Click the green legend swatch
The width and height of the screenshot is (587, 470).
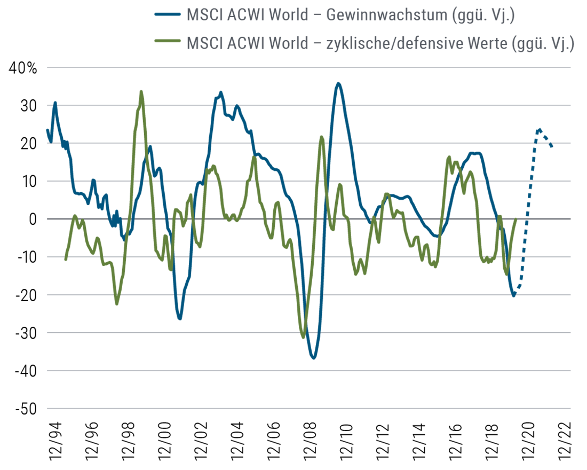155,40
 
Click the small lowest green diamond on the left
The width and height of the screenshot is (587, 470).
117,308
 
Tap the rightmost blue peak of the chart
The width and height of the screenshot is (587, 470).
540,127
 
